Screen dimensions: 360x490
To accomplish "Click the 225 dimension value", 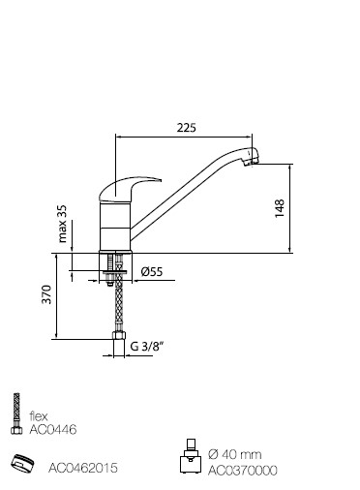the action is coord(186,128).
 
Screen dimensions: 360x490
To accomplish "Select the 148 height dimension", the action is coord(280,208).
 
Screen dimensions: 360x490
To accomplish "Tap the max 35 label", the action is coord(62,224).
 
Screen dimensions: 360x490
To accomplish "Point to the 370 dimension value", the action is coord(46,294).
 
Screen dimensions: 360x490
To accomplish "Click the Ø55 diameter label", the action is coord(152,272).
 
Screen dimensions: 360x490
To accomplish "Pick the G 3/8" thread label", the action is coord(147,347).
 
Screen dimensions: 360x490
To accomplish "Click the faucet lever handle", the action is coord(129,190).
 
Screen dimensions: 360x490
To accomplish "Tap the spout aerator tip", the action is coord(253,158).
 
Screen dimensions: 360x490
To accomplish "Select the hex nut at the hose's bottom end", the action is coord(119,335).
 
